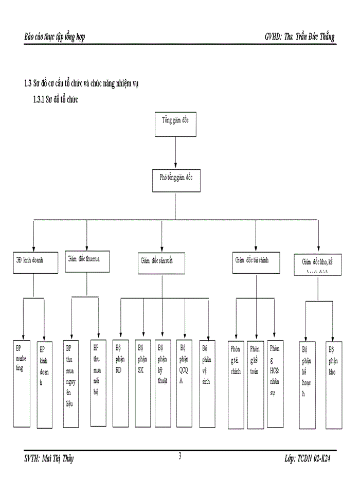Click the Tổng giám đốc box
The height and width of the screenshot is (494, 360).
(x=176, y=123)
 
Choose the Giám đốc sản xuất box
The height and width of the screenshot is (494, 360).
(x=161, y=263)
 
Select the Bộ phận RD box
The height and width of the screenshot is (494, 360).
(x=120, y=383)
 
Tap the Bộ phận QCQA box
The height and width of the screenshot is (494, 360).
(x=184, y=383)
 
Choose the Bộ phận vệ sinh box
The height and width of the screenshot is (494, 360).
(x=207, y=383)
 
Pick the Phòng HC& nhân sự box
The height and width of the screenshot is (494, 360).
(x=275, y=383)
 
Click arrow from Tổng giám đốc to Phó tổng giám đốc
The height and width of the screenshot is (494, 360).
(x=176, y=152)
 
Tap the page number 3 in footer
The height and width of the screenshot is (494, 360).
(x=179, y=455)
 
